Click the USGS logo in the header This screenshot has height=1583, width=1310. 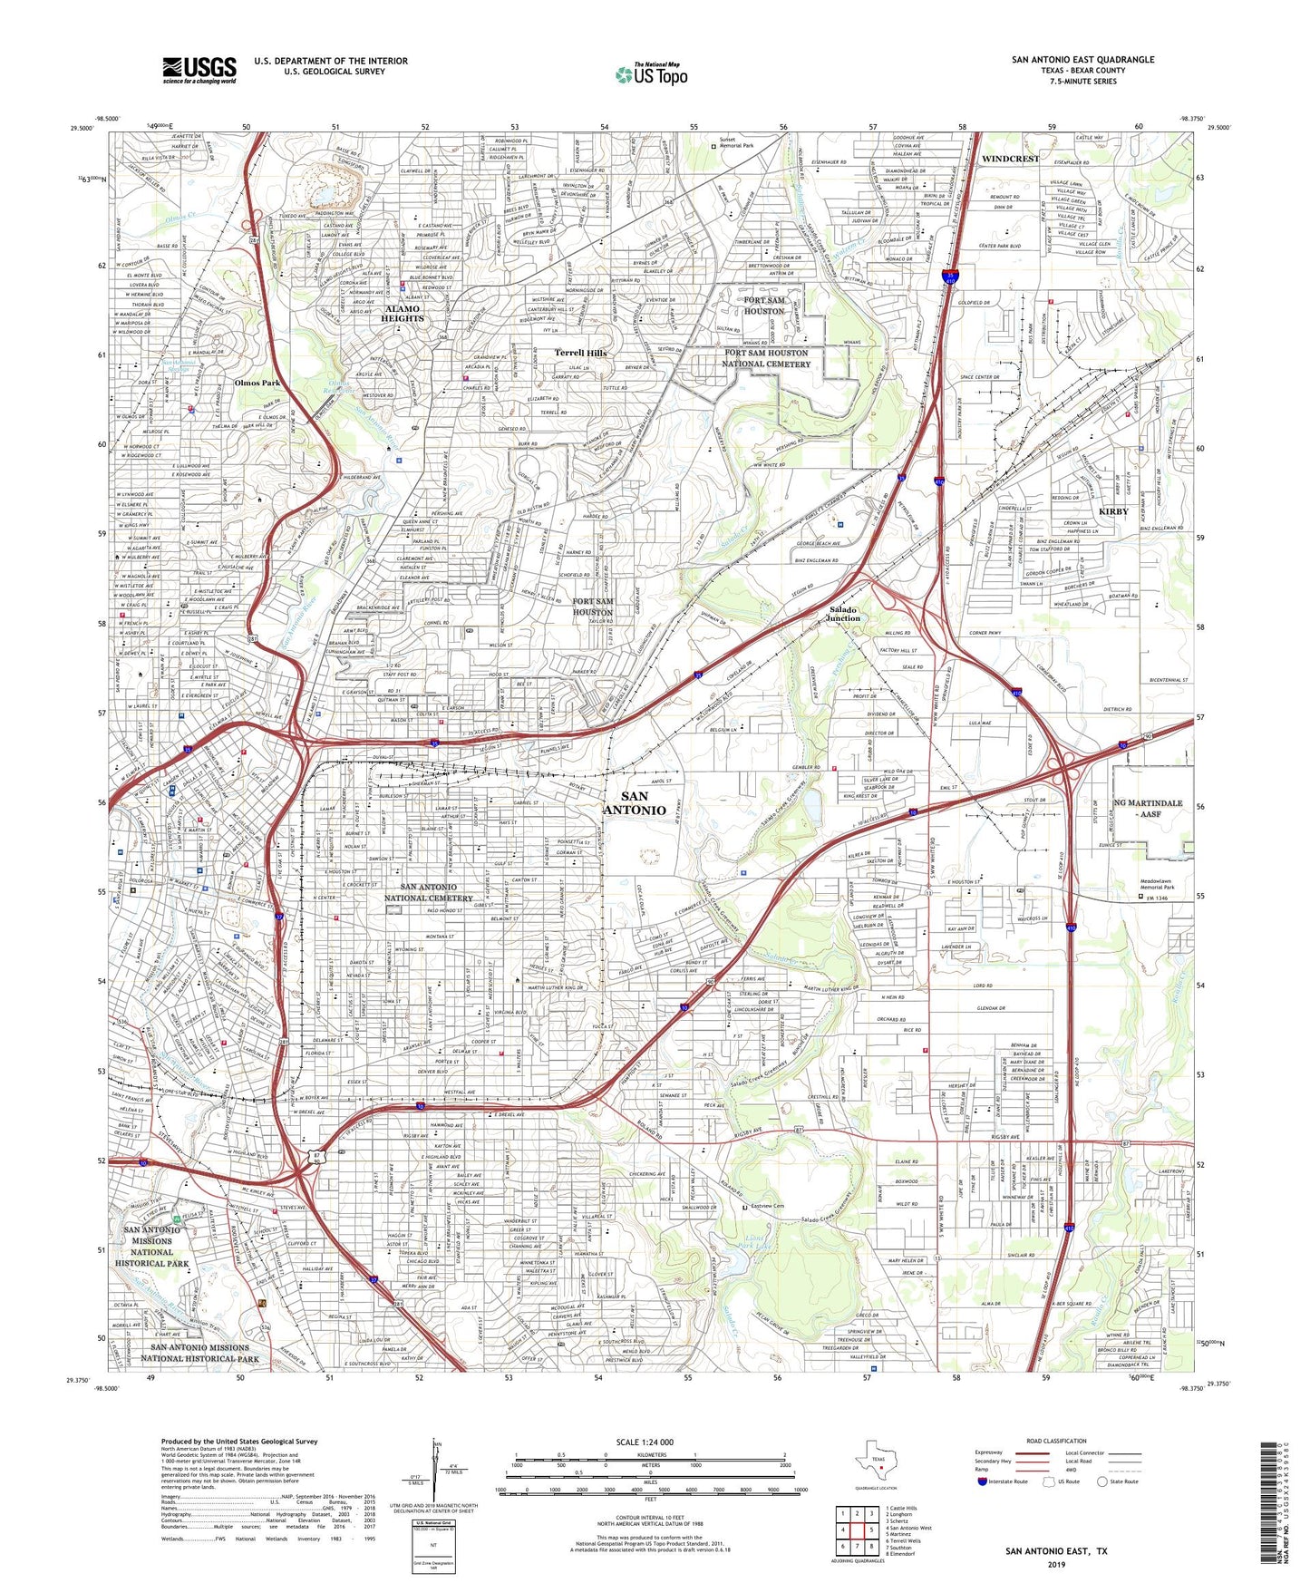pos(199,70)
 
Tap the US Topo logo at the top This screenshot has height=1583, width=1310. pos(651,74)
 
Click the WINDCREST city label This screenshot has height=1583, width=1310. pos(1010,159)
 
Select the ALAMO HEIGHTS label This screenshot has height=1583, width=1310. pos(402,314)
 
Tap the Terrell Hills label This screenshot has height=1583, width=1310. pos(580,353)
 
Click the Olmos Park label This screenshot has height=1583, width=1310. pos(257,383)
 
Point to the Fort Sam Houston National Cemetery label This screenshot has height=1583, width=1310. pos(766,358)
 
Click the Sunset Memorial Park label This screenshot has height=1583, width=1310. pos(736,143)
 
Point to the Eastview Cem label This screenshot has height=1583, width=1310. pos(766,1207)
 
